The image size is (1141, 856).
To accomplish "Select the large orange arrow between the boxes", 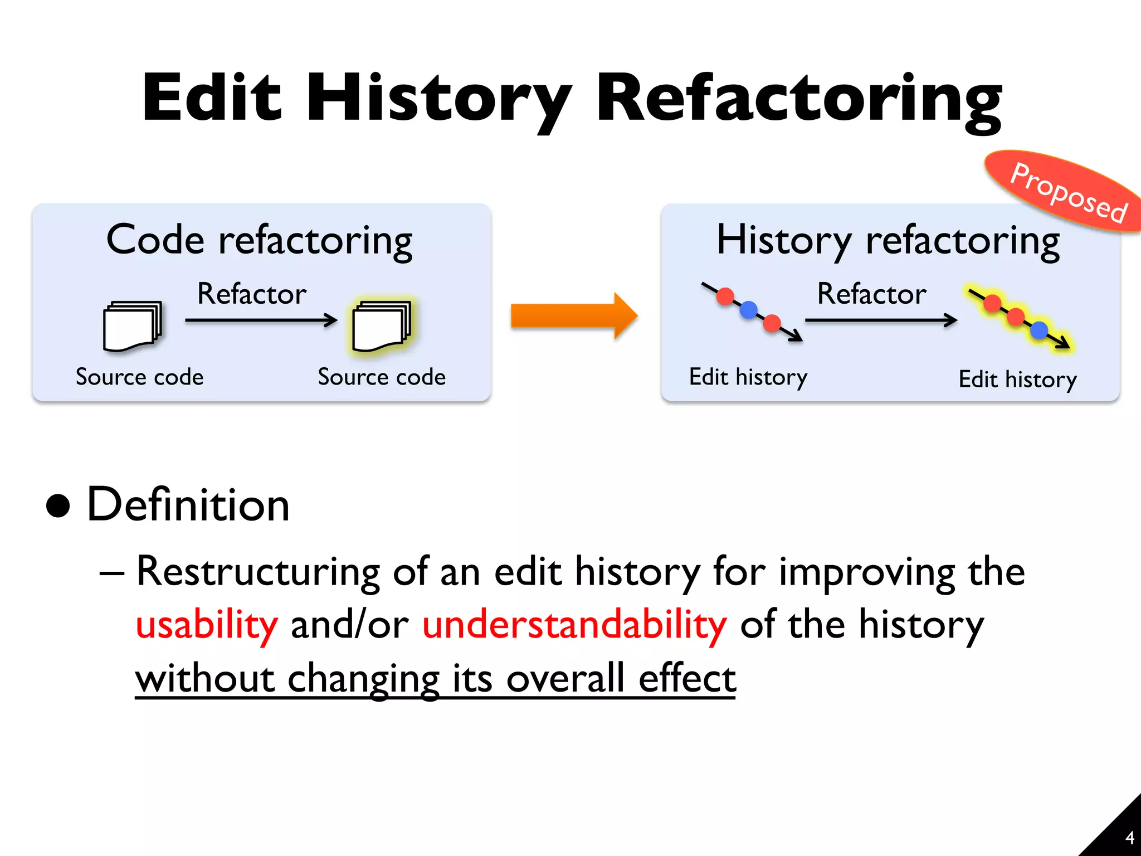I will point(574,315).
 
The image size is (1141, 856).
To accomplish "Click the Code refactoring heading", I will point(260,241).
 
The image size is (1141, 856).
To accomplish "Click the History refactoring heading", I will point(888,241).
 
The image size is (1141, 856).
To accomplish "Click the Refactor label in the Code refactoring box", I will point(252,294).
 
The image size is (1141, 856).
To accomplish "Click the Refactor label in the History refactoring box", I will point(872,294).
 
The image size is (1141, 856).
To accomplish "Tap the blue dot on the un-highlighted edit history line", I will point(749,309).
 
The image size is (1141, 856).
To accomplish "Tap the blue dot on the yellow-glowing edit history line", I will point(1039,330).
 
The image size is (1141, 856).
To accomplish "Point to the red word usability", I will point(207,625).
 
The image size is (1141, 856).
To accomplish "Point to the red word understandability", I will point(574,625).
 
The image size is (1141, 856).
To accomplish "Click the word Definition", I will point(188,505).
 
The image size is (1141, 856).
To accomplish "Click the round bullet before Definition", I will point(58,505).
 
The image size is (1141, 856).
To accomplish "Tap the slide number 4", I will point(1129,838).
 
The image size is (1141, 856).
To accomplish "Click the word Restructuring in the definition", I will point(258,572).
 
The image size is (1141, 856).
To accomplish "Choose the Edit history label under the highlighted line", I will point(1017,380).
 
